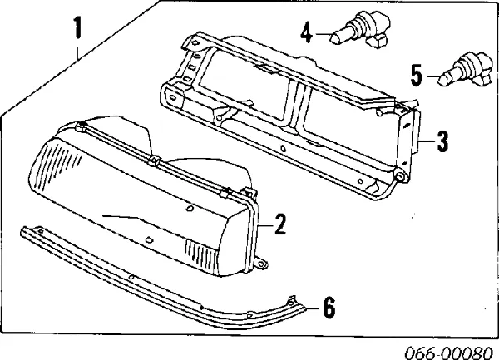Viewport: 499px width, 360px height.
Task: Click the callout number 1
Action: coord(77,27)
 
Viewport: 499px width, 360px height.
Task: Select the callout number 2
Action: coord(280,224)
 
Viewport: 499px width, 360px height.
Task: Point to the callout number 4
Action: coord(306,32)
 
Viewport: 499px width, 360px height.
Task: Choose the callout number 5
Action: coord(417,76)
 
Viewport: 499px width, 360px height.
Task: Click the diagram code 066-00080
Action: coord(448,353)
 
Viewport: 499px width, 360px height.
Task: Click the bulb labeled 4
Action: coord(360,31)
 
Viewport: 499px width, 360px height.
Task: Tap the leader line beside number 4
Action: coord(323,34)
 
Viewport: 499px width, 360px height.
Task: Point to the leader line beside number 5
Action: coord(432,76)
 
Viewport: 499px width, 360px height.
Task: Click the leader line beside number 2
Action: coord(265,226)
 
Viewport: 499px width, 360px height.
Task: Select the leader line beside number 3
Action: coord(427,141)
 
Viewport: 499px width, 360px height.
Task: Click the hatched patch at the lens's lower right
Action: coord(201,254)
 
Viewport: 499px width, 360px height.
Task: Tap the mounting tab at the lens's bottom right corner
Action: coord(261,264)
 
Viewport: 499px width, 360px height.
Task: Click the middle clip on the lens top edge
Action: coord(153,160)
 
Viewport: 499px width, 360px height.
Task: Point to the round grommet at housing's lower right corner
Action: coord(400,175)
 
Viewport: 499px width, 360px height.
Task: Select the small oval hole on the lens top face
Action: coord(190,209)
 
